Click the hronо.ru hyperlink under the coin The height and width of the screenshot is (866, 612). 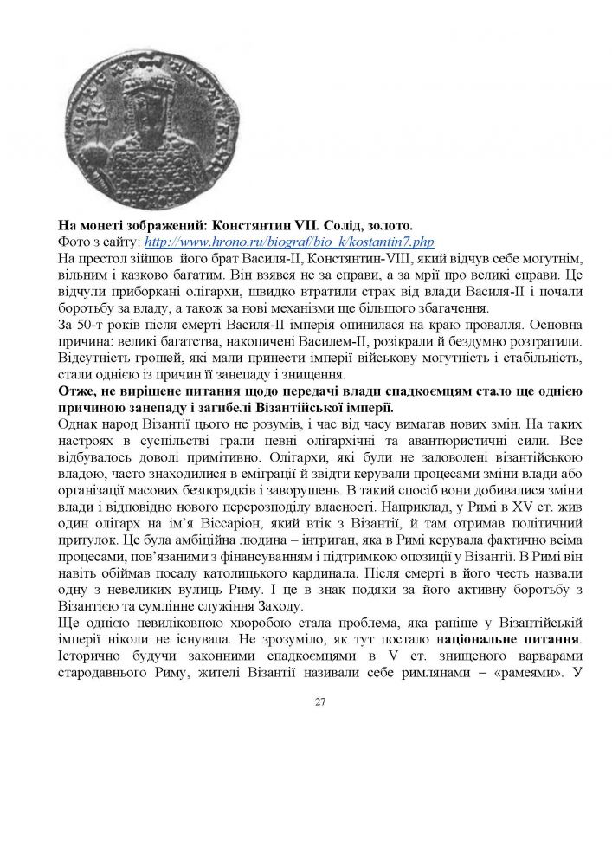(x=288, y=242)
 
